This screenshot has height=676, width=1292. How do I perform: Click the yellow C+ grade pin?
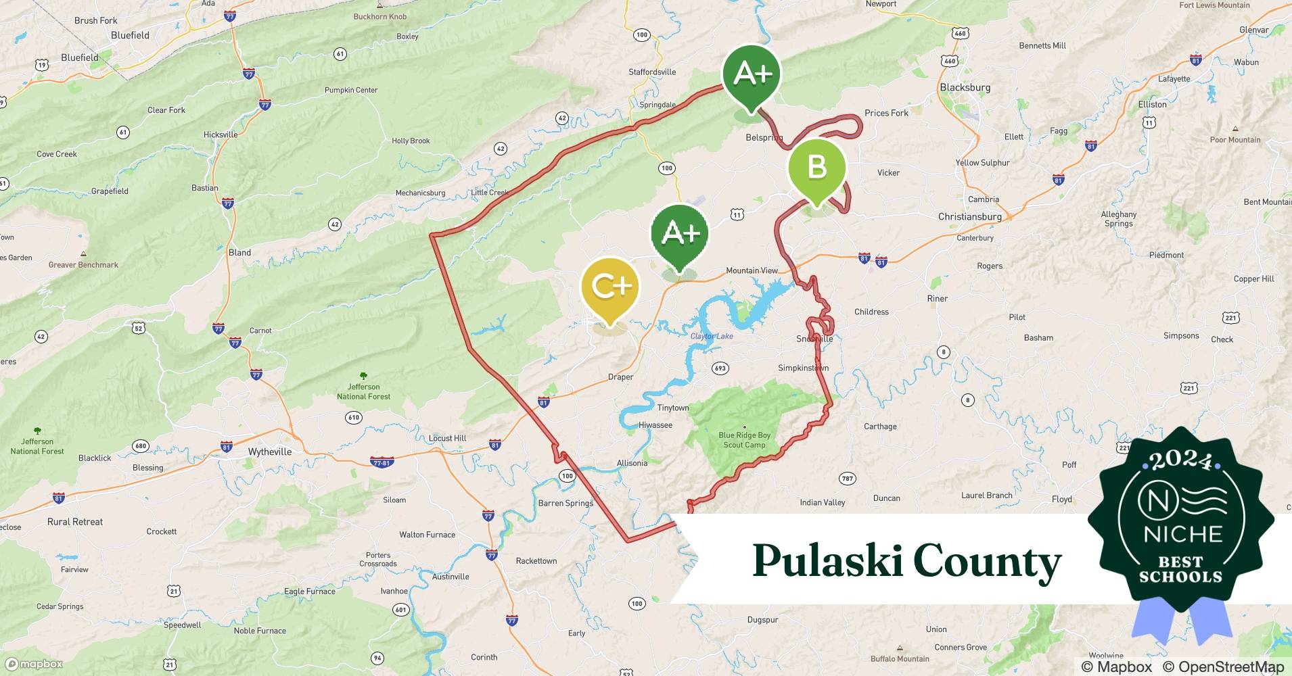pyautogui.click(x=610, y=287)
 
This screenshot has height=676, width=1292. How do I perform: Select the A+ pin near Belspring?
pyautogui.click(x=751, y=74)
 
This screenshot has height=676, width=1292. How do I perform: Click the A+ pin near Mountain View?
pyautogui.click(x=679, y=234)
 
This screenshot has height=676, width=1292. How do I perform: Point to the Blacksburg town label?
pyautogui.click(x=965, y=87)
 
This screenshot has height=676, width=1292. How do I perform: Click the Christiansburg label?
pyautogui.click(x=969, y=216)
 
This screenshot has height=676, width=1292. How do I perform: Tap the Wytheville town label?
pyautogui.click(x=270, y=452)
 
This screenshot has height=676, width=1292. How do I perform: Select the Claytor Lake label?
pyautogui.click(x=711, y=336)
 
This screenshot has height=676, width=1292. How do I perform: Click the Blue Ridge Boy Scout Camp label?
pyautogui.click(x=744, y=440)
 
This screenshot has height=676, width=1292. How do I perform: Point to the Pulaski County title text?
pyautogui.click(x=906, y=561)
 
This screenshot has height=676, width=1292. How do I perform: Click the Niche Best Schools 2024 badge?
pyautogui.click(x=1181, y=521)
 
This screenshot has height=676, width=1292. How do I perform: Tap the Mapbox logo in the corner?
pyautogui.click(x=34, y=664)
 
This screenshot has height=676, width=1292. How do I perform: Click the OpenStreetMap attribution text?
pyautogui.click(x=1223, y=667)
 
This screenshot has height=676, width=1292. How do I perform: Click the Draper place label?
pyautogui.click(x=620, y=377)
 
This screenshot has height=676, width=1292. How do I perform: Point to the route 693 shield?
pyautogui.click(x=720, y=368)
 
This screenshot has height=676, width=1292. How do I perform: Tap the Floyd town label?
pyautogui.click(x=1061, y=500)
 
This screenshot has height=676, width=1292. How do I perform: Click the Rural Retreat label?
pyautogui.click(x=75, y=522)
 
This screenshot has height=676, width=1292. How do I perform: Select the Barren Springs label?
pyautogui.click(x=566, y=503)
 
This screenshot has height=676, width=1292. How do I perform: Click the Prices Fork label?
pyautogui.click(x=886, y=113)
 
